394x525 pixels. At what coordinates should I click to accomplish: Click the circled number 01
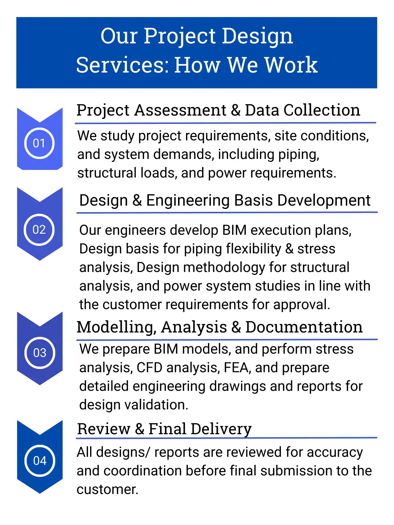pos(39,143)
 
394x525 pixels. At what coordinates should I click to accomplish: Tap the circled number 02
pos(39,230)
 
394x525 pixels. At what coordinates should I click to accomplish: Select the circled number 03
pos(39,353)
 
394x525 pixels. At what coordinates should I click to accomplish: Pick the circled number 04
pos(39,460)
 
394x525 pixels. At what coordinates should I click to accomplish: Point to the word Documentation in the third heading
pos(304,327)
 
